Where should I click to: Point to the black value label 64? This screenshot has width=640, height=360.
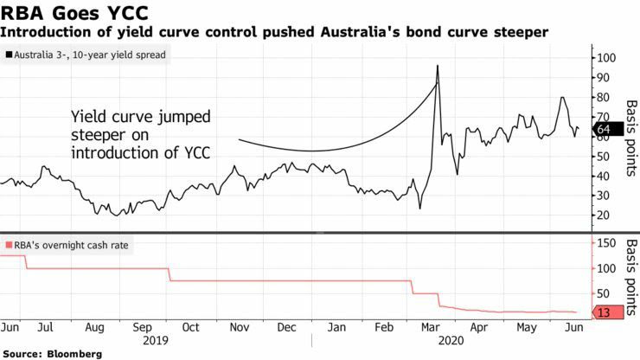pos(605,130)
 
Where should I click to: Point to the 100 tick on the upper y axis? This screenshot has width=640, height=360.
pos(606,58)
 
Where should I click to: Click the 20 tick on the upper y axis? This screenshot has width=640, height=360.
pos(603,215)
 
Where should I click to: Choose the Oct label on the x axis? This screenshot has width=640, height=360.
pos(190,328)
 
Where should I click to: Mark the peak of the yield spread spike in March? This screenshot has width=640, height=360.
pos(438,66)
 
